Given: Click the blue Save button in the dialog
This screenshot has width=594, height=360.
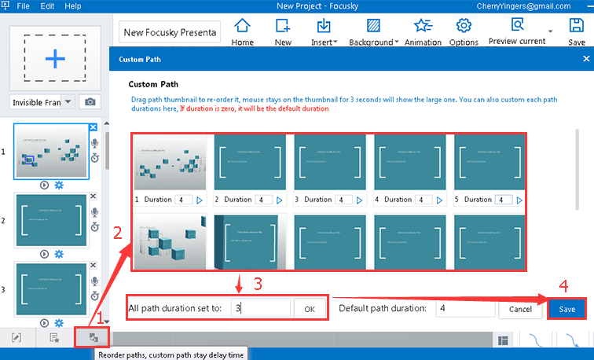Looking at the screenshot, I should tap(566, 309).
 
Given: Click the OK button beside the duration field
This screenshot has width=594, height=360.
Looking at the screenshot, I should tap(310, 309).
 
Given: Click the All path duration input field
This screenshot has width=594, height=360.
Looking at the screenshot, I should tap(260, 309).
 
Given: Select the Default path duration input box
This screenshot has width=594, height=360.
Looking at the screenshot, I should tap(463, 309).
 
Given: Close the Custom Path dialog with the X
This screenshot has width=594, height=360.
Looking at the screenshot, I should tap(585, 59).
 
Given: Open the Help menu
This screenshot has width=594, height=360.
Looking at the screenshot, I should tap(73, 6).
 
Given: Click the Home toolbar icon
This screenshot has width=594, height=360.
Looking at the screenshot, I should tap(243, 31).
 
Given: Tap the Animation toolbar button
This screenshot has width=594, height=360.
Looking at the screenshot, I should tap(423, 31).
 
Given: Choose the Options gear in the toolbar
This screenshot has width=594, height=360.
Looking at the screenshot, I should tap(464, 31).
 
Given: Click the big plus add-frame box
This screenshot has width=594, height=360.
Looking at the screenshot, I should tap(54, 60).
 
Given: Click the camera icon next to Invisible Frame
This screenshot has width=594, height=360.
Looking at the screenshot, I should tap(90, 102).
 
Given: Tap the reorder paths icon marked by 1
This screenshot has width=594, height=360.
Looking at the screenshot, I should tap(93, 338).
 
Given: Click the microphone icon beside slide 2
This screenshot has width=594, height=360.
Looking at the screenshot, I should tap(94, 213).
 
